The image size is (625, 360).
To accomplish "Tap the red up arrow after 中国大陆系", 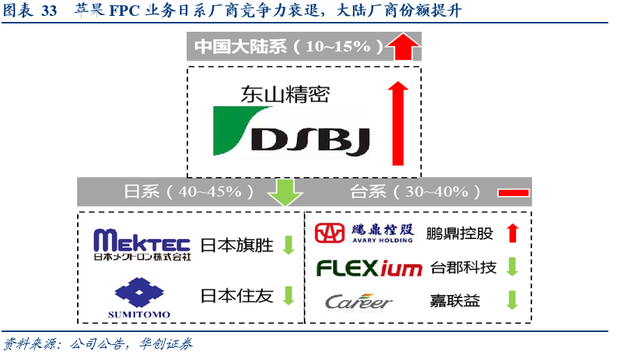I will pos(403,48).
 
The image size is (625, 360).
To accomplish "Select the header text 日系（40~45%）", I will pos(189,192).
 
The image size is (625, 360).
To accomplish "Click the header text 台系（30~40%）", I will pos(414,192).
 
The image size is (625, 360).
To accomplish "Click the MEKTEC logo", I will pos(142,245).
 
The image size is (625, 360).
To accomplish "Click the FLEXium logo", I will pos(369,268).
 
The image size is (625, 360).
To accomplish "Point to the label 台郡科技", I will pos(463,268).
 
